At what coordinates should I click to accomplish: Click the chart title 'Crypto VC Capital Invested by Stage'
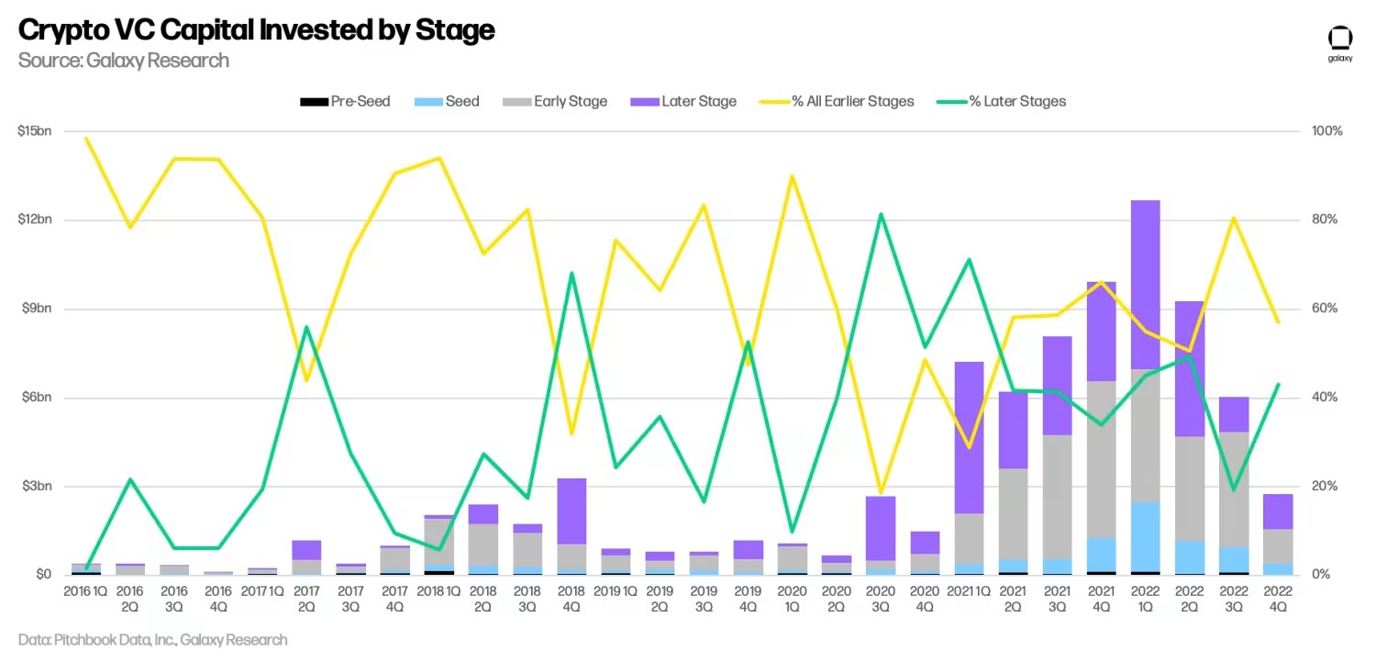pyautogui.click(x=256, y=30)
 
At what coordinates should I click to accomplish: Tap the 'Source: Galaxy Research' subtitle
pyautogui.click(x=123, y=61)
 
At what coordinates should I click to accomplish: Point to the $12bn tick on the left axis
pyautogui.click(x=34, y=219)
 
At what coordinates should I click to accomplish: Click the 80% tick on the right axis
pyautogui.click(x=1326, y=219)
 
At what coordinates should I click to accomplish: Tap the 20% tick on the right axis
pyautogui.click(x=1326, y=486)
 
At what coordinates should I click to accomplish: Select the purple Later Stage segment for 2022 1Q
pyautogui.click(x=1145, y=285)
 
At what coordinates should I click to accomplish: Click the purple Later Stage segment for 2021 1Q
pyautogui.click(x=969, y=437)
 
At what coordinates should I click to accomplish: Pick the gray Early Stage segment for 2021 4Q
pyautogui.click(x=1101, y=459)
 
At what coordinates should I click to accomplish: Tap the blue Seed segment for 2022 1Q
pyautogui.click(x=1145, y=536)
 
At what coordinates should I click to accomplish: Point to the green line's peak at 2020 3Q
pyautogui.click(x=881, y=215)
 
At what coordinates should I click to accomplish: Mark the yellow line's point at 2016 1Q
pyautogui.click(x=86, y=139)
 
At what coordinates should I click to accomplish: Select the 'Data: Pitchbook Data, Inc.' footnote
pyautogui.click(x=152, y=640)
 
